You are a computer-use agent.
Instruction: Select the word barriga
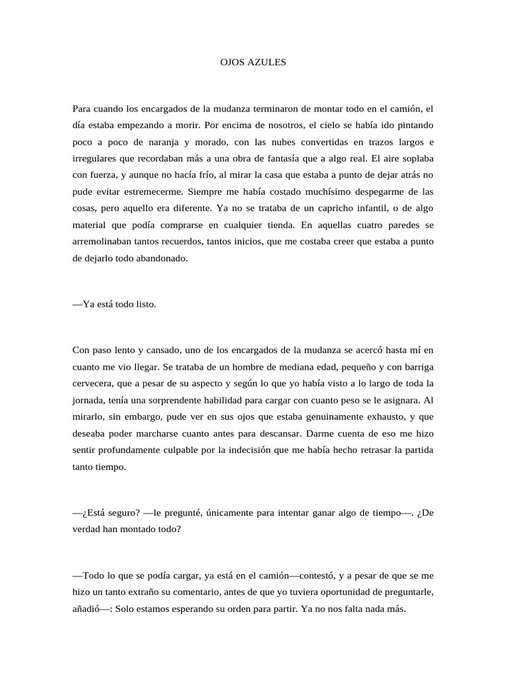coord(414,367)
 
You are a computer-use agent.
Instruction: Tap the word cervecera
coord(96,384)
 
